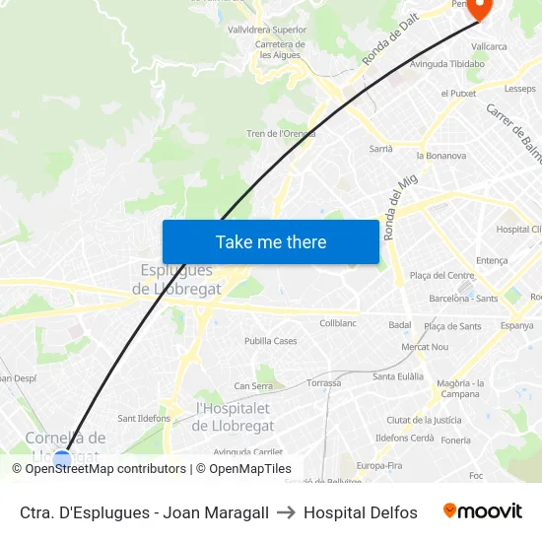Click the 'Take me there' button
(271, 241)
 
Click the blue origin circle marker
(62, 458)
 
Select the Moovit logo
(483, 511)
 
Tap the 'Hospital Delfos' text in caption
(361, 512)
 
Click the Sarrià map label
(380, 149)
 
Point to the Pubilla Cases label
(271, 341)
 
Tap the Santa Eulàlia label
(398, 376)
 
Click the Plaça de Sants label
(452, 326)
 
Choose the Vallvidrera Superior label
(267, 30)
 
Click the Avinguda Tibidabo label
(447, 64)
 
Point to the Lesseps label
(519, 89)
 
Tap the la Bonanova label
(441, 156)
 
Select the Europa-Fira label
(379, 465)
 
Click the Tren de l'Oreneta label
(281, 134)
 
